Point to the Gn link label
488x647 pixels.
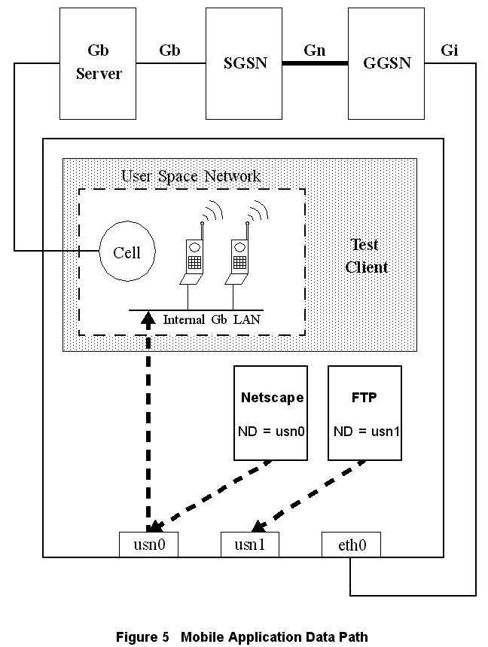click(x=314, y=50)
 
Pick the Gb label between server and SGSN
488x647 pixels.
click(x=169, y=50)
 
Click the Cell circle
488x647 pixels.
click(x=127, y=252)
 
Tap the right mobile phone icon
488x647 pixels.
click(x=239, y=260)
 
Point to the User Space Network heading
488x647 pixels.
click(x=191, y=176)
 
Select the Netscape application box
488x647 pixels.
click(x=272, y=413)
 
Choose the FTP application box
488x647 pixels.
click(x=364, y=413)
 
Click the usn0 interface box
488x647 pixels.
click(x=148, y=545)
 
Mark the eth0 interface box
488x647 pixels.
click(x=350, y=545)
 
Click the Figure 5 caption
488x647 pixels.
click(x=242, y=637)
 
